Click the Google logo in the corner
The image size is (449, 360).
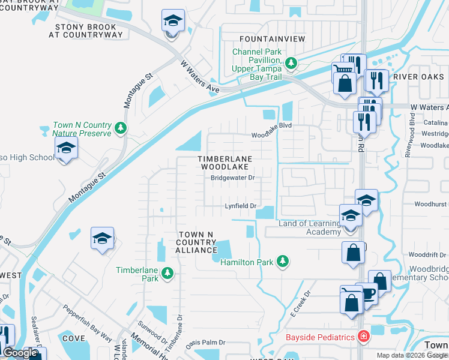point(20,353)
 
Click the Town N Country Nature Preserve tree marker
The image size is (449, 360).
point(121,128)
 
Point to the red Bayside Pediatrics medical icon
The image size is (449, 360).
point(363,337)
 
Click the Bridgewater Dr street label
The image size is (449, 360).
point(233,178)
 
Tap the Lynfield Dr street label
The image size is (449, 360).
point(241,206)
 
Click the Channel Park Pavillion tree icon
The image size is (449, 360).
point(291,62)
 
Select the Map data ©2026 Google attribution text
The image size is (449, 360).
point(412,355)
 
